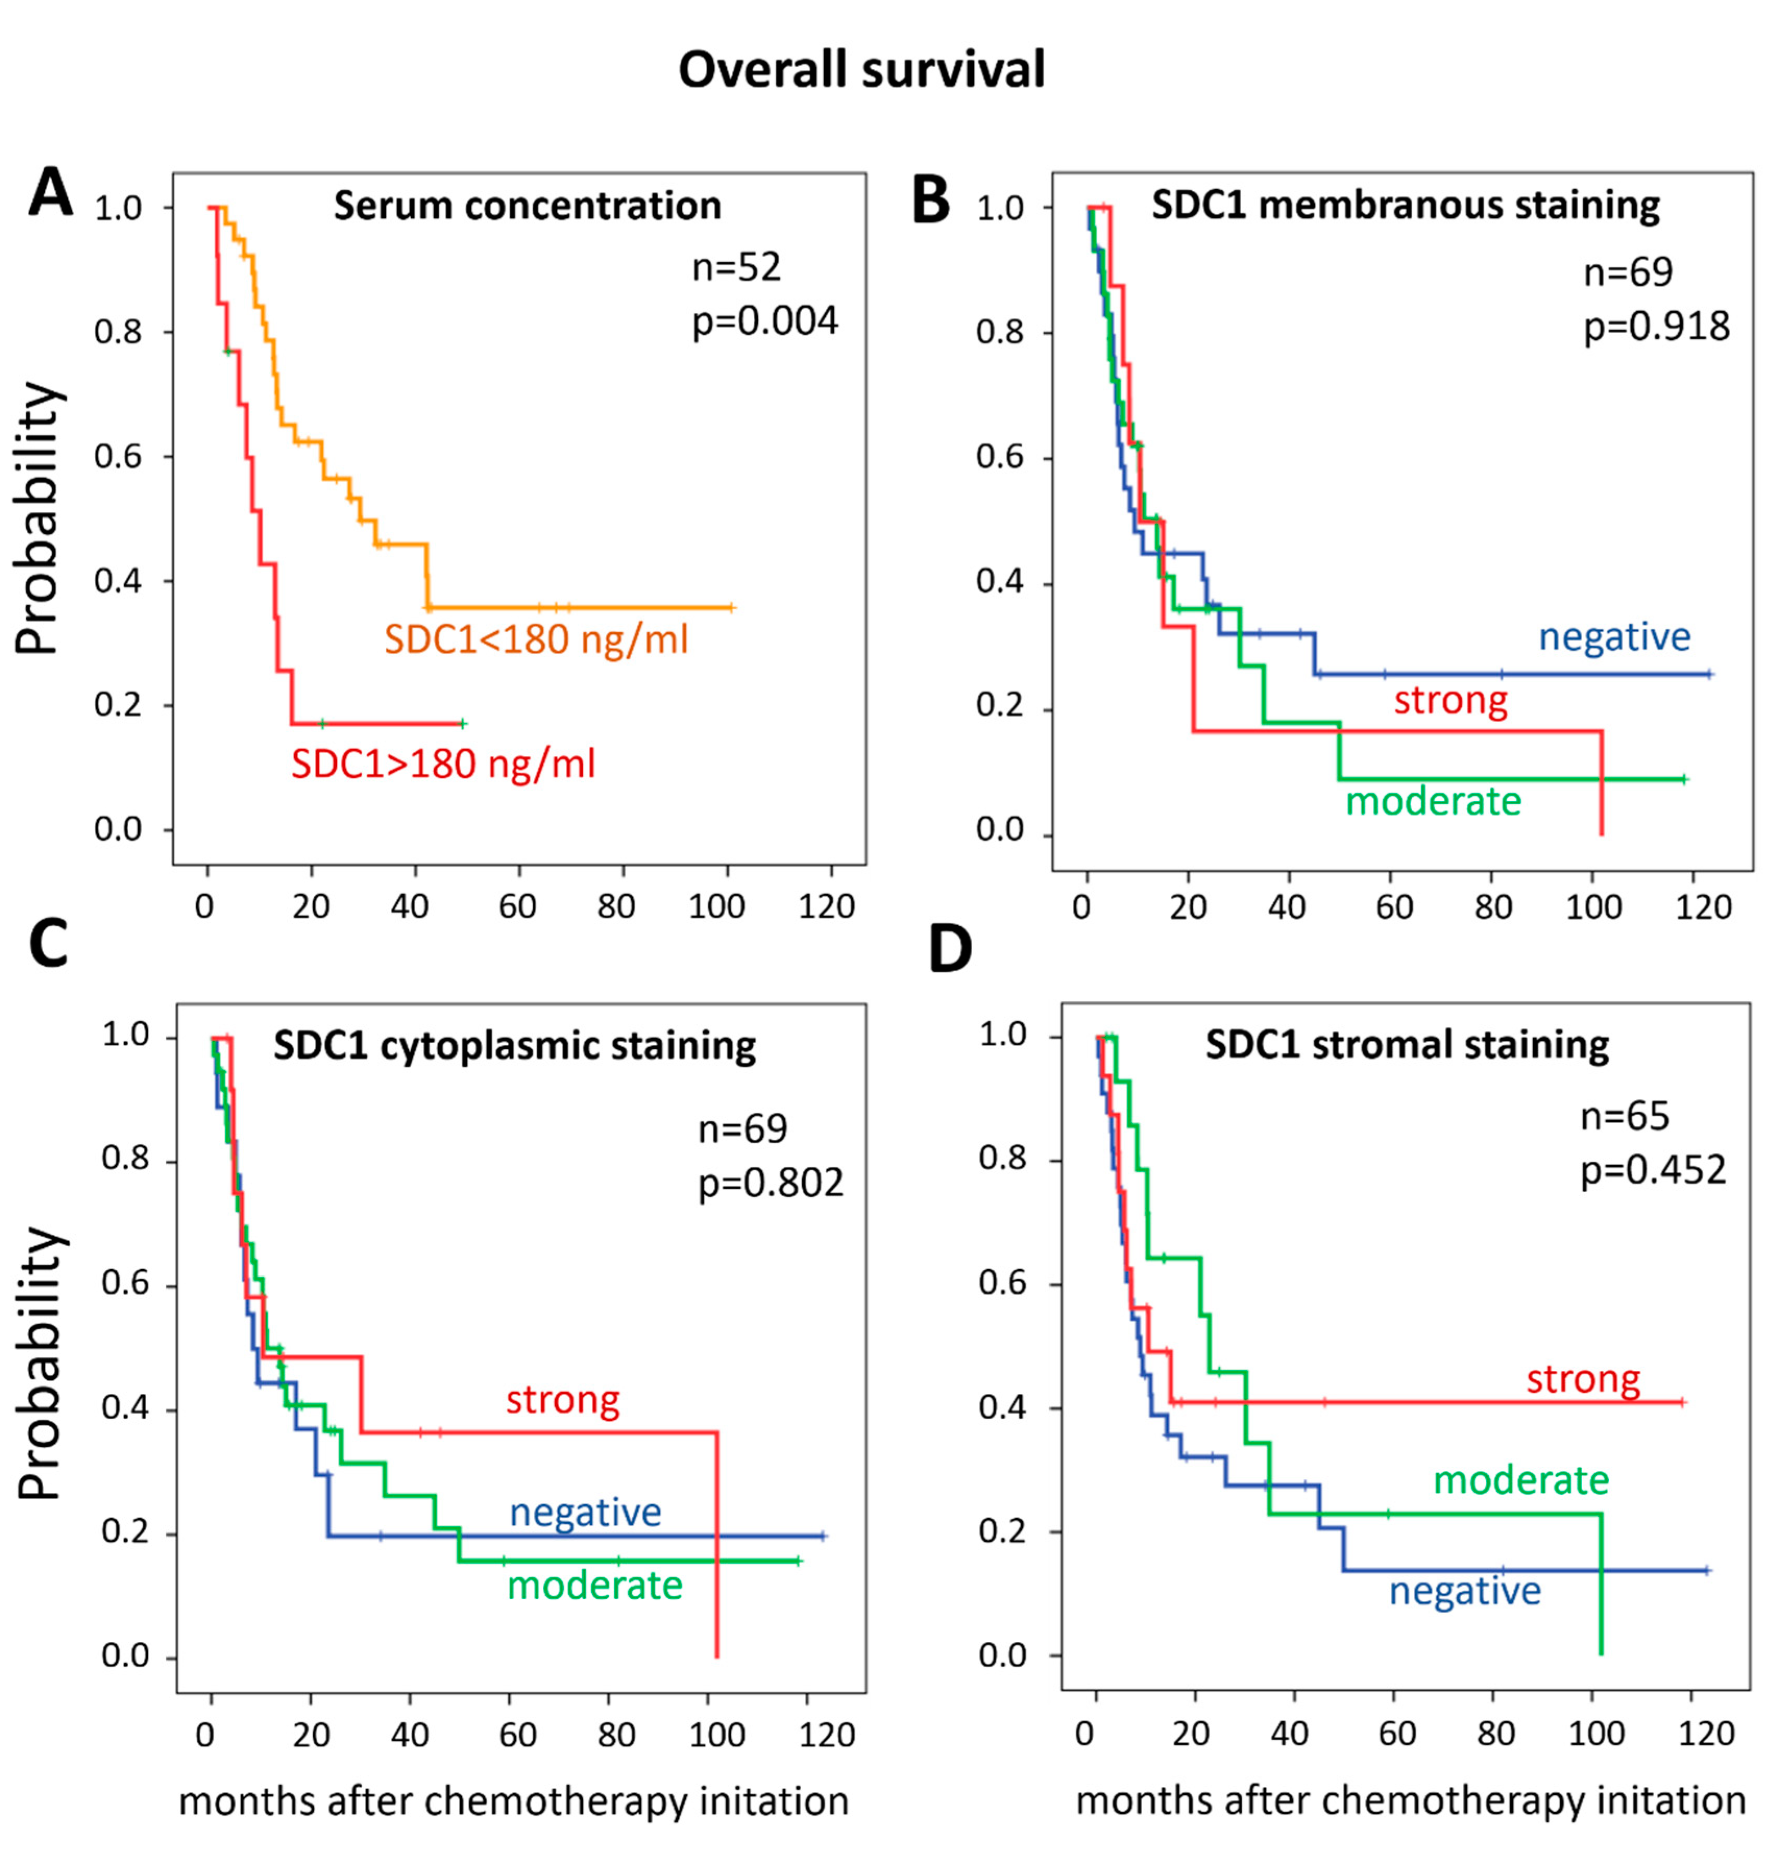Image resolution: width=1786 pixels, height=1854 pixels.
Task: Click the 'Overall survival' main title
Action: point(862,70)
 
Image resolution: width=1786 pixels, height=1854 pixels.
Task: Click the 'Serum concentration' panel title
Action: point(527,205)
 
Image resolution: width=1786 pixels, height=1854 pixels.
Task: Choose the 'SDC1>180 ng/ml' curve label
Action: point(444,764)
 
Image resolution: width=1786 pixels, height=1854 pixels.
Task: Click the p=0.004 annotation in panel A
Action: point(765,322)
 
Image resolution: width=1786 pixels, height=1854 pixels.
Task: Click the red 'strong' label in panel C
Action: point(563,1400)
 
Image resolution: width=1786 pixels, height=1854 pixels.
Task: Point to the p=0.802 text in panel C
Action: point(771,1182)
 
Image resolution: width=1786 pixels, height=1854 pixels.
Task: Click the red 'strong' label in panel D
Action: point(1584,1379)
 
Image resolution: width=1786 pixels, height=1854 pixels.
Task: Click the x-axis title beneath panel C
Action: point(513,1801)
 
